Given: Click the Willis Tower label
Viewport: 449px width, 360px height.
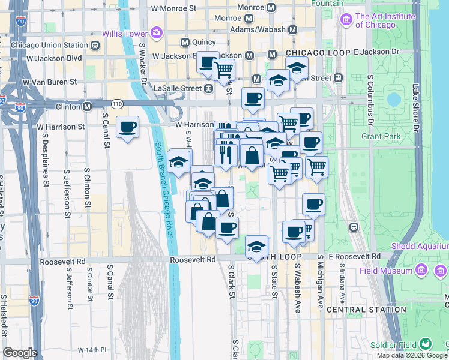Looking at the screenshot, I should coord(125,32).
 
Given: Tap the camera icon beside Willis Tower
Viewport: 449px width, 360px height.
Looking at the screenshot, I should coord(157,32).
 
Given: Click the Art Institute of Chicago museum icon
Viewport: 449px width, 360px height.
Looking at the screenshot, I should coord(346,20).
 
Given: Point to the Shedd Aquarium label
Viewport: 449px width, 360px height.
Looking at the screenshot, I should coord(420,247).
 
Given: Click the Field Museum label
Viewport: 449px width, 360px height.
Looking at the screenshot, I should coord(385,271).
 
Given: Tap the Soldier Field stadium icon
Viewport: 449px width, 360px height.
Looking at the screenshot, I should coord(426,344).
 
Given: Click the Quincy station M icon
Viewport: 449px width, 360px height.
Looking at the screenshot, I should coord(185,42).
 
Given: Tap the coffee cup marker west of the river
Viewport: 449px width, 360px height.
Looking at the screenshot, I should coord(127,127).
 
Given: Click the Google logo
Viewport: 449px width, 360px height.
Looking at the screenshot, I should coord(20,353).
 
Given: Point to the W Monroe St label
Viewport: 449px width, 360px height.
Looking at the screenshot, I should coord(174,9).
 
